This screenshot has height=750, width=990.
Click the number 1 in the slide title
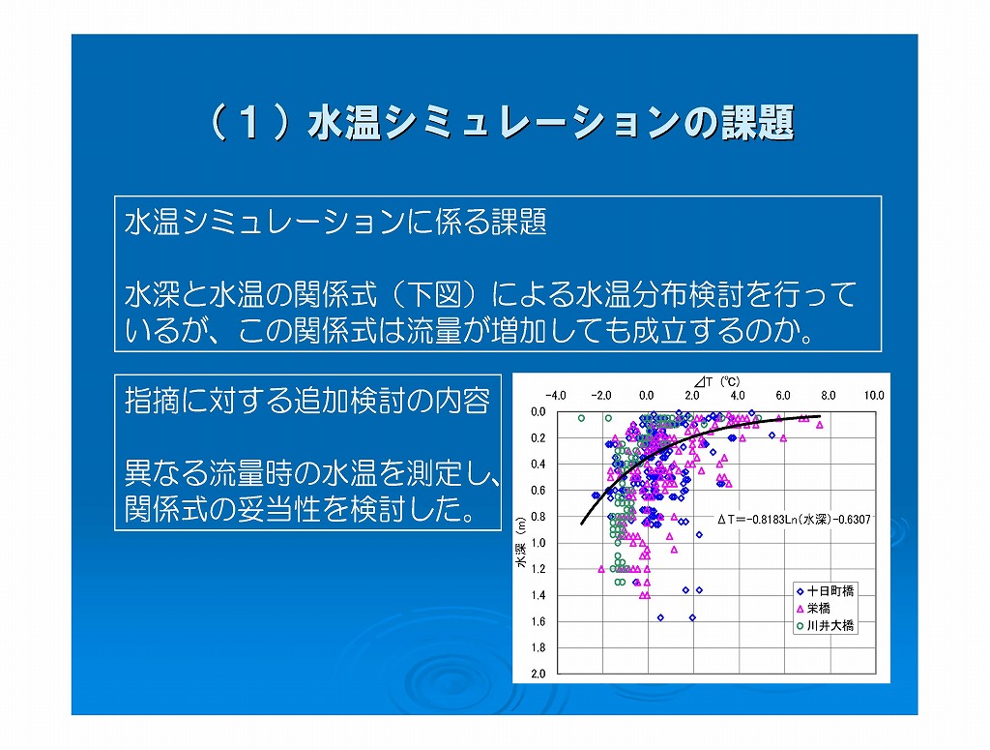[x=249, y=122]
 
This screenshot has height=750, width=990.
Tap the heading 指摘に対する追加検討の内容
[x=307, y=400]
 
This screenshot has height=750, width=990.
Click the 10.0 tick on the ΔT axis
[x=874, y=396]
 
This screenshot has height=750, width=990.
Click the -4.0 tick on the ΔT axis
[x=555, y=396]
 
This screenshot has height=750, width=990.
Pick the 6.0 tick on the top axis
[x=783, y=396]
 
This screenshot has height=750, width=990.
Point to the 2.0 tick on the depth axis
[x=538, y=674]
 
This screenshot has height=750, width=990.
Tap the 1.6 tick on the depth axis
[x=538, y=621]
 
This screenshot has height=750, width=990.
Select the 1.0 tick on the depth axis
[x=538, y=543]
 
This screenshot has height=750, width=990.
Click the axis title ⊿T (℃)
[x=716, y=381]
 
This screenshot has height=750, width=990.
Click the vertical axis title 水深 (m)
[x=521, y=542]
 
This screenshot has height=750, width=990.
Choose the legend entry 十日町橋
[x=826, y=591]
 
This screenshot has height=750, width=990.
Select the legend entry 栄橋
[x=813, y=609]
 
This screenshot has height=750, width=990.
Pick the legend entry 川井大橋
[x=826, y=625]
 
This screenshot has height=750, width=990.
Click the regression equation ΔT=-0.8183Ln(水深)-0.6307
[x=794, y=520]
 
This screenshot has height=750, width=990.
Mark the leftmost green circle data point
[x=581, y=418]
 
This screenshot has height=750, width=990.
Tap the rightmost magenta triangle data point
[x=820, y=425]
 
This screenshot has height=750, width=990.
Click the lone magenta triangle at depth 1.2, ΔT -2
[x=601, y=569]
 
